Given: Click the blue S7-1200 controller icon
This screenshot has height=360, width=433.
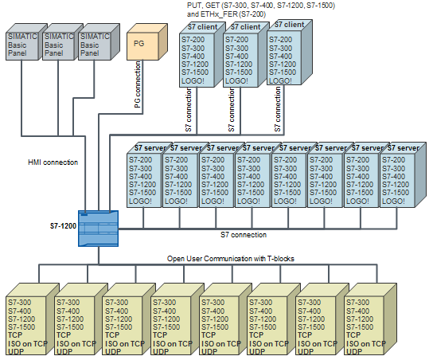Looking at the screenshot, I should coord(98,228).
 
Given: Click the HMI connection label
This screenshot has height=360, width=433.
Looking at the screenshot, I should coord(53,162).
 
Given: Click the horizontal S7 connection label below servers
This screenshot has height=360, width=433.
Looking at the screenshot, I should coord(244,235).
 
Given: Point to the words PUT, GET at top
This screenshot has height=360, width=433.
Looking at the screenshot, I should coord(203,5).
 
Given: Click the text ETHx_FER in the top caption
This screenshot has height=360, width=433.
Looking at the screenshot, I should coord(223,14).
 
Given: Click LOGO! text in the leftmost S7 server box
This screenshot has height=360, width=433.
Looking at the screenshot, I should coord(141,201).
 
